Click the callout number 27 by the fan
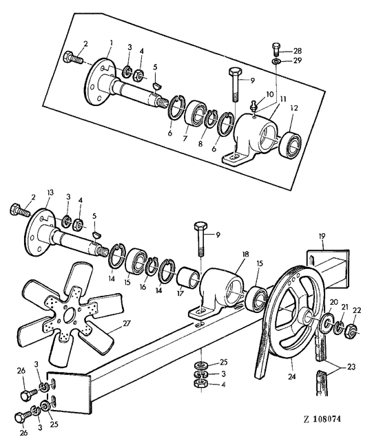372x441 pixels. [127, 323]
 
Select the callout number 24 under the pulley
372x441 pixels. [292, 376]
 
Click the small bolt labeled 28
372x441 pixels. [276, 50]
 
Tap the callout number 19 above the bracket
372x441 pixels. [322, 236]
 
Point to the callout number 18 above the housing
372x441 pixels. [245, 255]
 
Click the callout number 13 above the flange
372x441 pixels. [50, 193]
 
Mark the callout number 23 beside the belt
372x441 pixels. [351, 367]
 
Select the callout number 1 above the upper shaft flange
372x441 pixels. [111, 43]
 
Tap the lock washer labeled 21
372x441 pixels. [339, 326]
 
